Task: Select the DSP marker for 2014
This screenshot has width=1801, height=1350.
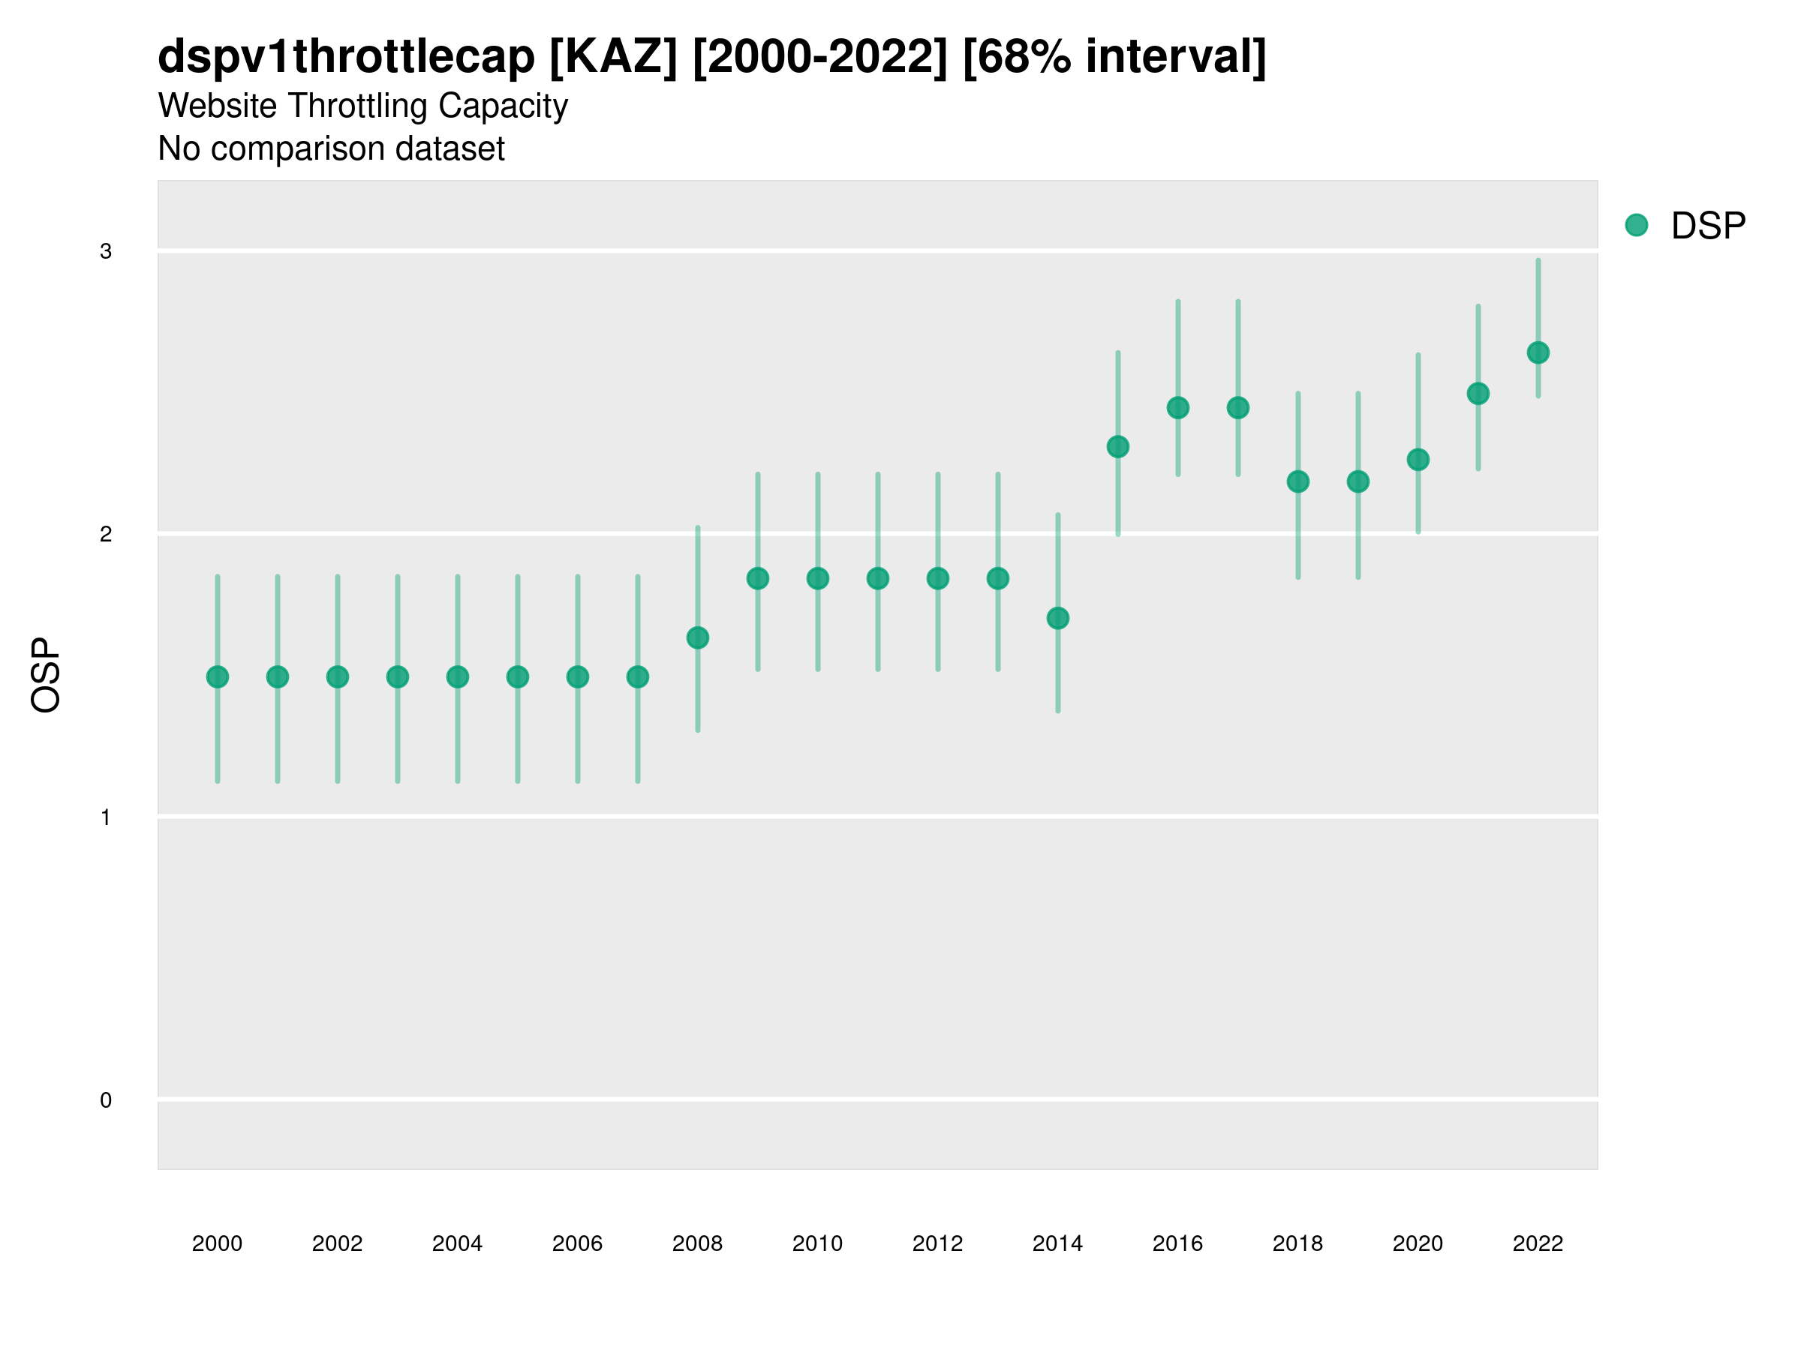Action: coord(1057,619)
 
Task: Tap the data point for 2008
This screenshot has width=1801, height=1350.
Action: coord(698,637)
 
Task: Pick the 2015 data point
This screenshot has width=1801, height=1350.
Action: coord(1118,447)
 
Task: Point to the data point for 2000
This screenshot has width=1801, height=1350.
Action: coord(218,677)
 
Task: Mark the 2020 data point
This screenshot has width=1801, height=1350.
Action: coord(1418,460)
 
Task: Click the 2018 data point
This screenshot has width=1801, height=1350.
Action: coord(1297,481)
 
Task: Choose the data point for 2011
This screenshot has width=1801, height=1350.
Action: coord(878,578)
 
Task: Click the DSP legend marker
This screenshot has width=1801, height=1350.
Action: coord(1636,226)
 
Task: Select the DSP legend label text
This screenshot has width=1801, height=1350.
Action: coord(1707,226)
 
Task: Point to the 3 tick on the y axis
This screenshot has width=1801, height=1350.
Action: coord(106,251)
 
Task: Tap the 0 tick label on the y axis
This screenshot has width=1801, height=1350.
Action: coord(106,1100)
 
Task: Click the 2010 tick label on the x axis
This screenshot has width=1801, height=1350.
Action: coord(817,1243)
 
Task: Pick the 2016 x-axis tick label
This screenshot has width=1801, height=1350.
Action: coord(1177,1243)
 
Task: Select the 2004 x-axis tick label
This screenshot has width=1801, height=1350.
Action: coord(458,1243)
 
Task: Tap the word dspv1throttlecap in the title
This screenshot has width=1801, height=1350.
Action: coord(345,57)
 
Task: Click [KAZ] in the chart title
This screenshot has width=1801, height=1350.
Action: coord(613,57)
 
